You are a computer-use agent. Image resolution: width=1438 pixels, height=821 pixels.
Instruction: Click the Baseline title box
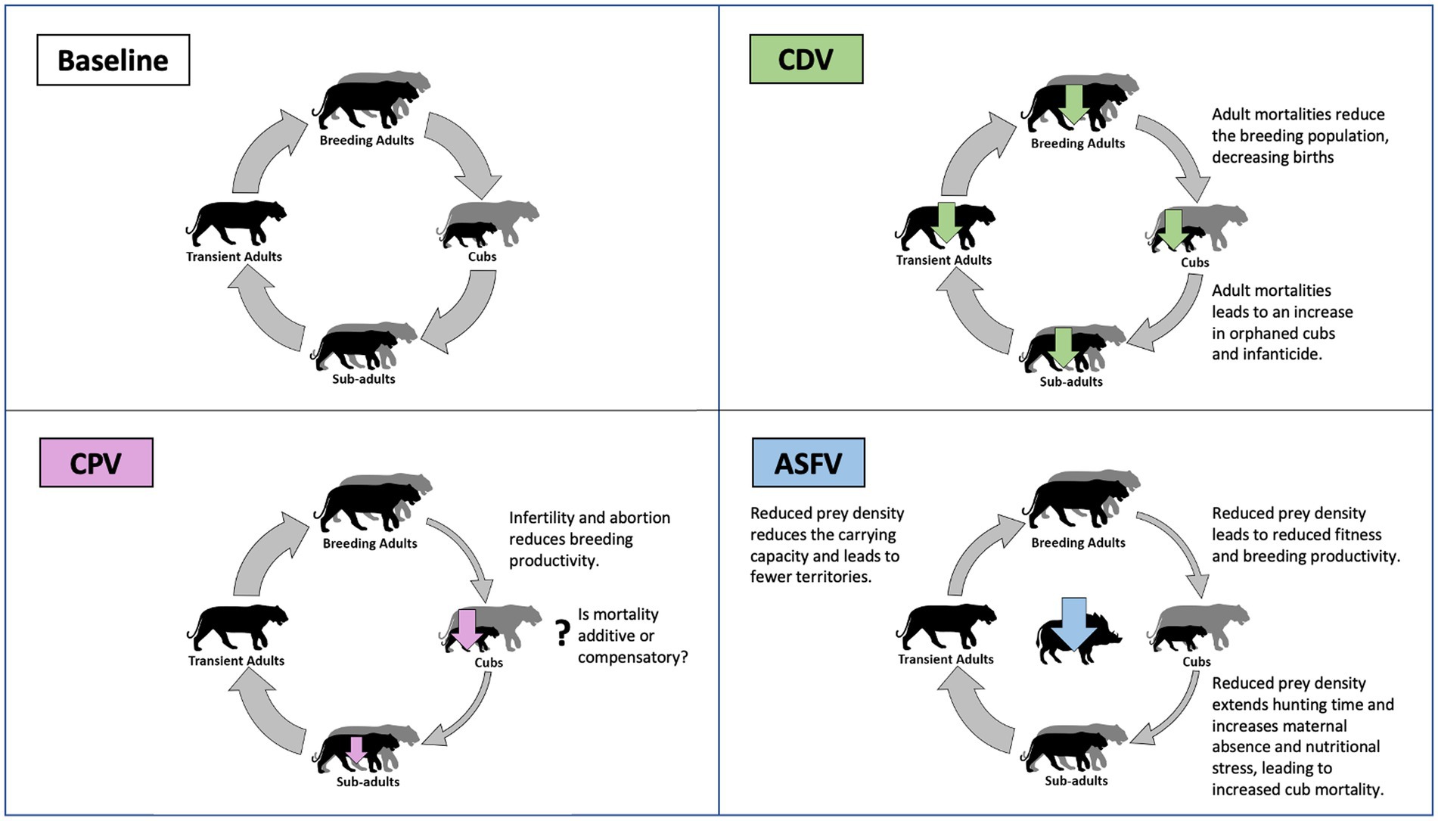(x=113, y=61)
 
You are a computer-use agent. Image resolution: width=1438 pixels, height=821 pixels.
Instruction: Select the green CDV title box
(x=806, y=59)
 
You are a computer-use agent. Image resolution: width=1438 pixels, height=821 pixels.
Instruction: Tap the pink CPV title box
(x=96, y=463)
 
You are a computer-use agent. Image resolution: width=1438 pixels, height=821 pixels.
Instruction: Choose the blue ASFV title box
(x=809, y=463)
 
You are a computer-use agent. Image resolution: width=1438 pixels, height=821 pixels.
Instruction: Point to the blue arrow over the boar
(x=1073, y=623)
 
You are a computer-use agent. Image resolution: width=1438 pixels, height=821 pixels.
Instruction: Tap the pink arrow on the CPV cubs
(x=467, y=629)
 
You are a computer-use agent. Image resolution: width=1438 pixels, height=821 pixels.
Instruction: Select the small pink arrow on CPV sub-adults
(x=356, y=749)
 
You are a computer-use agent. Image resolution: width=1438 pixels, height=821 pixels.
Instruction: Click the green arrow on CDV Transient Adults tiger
(x=946, y=222)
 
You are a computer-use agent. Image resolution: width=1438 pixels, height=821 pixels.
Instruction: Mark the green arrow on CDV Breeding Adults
(x=1073, y=104)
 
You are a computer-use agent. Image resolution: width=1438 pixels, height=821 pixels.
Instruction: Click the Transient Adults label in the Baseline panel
(x=234, y=257)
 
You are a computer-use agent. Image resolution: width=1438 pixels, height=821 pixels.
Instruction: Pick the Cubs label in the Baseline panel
(x=482, y=257)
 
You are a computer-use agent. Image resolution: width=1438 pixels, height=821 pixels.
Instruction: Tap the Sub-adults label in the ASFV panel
(x=1076, y=780)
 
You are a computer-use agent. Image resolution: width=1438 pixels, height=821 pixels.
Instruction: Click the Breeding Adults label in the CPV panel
(x=370, y=543)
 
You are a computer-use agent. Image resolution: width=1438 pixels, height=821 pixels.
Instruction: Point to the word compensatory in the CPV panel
(x=632, y=657)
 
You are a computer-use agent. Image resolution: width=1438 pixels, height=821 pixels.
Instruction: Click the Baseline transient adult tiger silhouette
(x=236, y=222)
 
